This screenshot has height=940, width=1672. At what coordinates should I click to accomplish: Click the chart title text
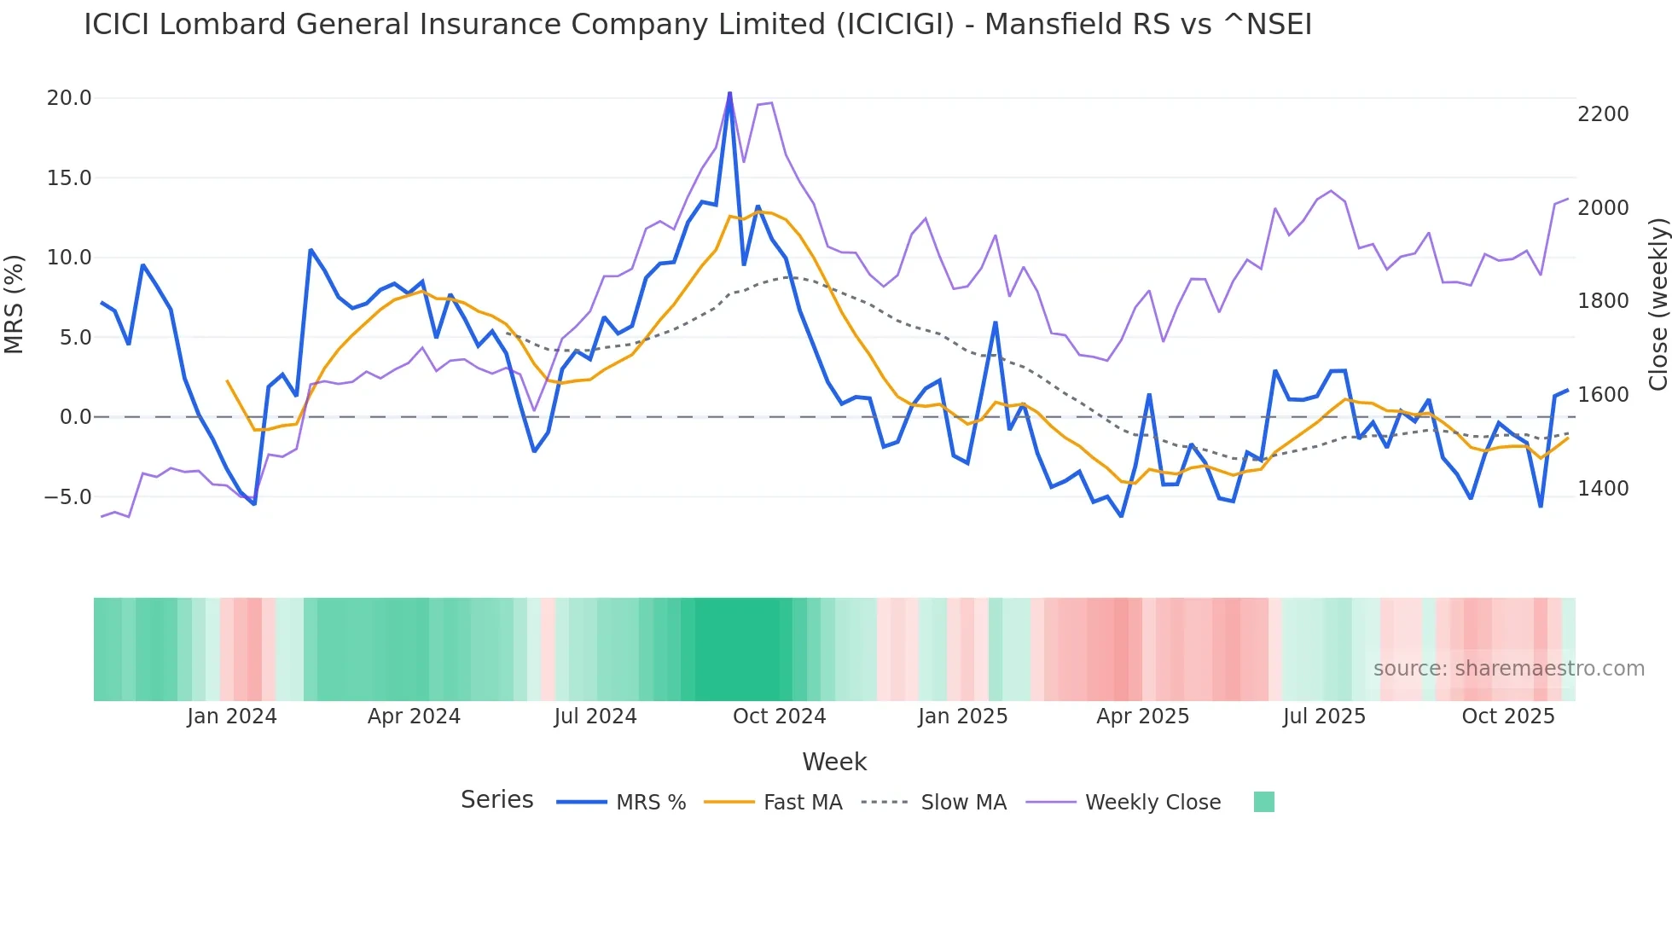click(x=697, y=25)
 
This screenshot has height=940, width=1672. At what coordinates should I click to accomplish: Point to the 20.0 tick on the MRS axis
click(x=69, y=98)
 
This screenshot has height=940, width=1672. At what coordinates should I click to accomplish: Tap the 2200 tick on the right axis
click(x=1603, y=114)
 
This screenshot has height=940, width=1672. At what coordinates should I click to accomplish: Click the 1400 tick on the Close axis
click(x=1603, y=489)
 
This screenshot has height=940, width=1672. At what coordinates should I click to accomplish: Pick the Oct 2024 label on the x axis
click(x=779, y=717)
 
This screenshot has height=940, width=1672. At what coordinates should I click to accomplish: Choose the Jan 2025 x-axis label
click(x=962, y=717)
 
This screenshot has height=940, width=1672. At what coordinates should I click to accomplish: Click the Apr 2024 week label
click(x=414, y=717)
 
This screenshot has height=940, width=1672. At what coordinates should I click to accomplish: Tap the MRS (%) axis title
click(x=15, y=304)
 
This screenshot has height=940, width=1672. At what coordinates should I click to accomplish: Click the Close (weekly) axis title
click(x=1657, y=304)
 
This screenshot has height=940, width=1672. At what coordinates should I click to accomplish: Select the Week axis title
click(x=834, y=762)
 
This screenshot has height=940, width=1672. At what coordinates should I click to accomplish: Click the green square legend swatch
click(x=1263, y=802)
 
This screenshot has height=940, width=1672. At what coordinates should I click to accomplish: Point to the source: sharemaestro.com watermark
click(x=1508, y=669)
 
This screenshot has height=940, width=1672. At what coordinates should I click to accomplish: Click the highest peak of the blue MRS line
click(x=729, y=93)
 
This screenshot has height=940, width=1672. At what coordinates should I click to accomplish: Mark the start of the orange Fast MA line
click(x=227, y=381)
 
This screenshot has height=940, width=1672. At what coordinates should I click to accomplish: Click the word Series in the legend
click(x=496, y=800)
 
